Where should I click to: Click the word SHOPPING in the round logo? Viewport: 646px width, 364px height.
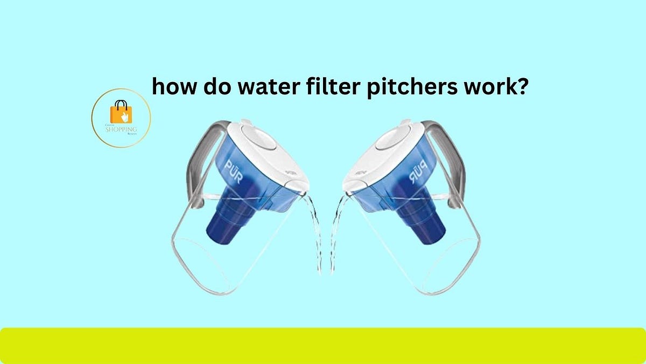pyautogui.click(x=121, y=130)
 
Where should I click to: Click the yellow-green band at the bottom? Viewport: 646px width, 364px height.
pyautogui.click(x=323, y=345)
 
